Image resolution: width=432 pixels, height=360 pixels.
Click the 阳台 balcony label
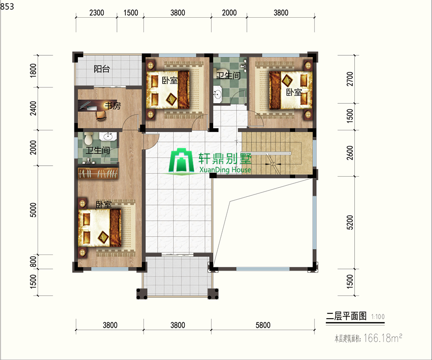102,69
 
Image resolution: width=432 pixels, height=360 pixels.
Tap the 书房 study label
113,106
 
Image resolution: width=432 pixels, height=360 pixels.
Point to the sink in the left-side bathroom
108,136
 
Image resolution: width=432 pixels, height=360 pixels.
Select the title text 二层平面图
346,316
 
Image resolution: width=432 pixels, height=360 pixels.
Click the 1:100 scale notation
378,317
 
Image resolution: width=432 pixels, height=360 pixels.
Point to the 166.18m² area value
383,338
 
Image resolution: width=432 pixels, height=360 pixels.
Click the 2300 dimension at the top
96,12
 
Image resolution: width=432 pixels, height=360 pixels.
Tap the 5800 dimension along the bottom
263,325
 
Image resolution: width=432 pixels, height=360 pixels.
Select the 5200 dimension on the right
349,222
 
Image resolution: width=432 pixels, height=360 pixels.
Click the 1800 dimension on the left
33,71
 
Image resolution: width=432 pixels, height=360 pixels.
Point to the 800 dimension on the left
33,262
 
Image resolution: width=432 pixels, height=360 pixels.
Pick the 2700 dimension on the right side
349,79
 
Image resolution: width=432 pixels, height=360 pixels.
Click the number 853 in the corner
7,6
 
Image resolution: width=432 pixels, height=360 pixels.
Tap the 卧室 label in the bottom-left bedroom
104,204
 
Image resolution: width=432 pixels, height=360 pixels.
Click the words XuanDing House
225,169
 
